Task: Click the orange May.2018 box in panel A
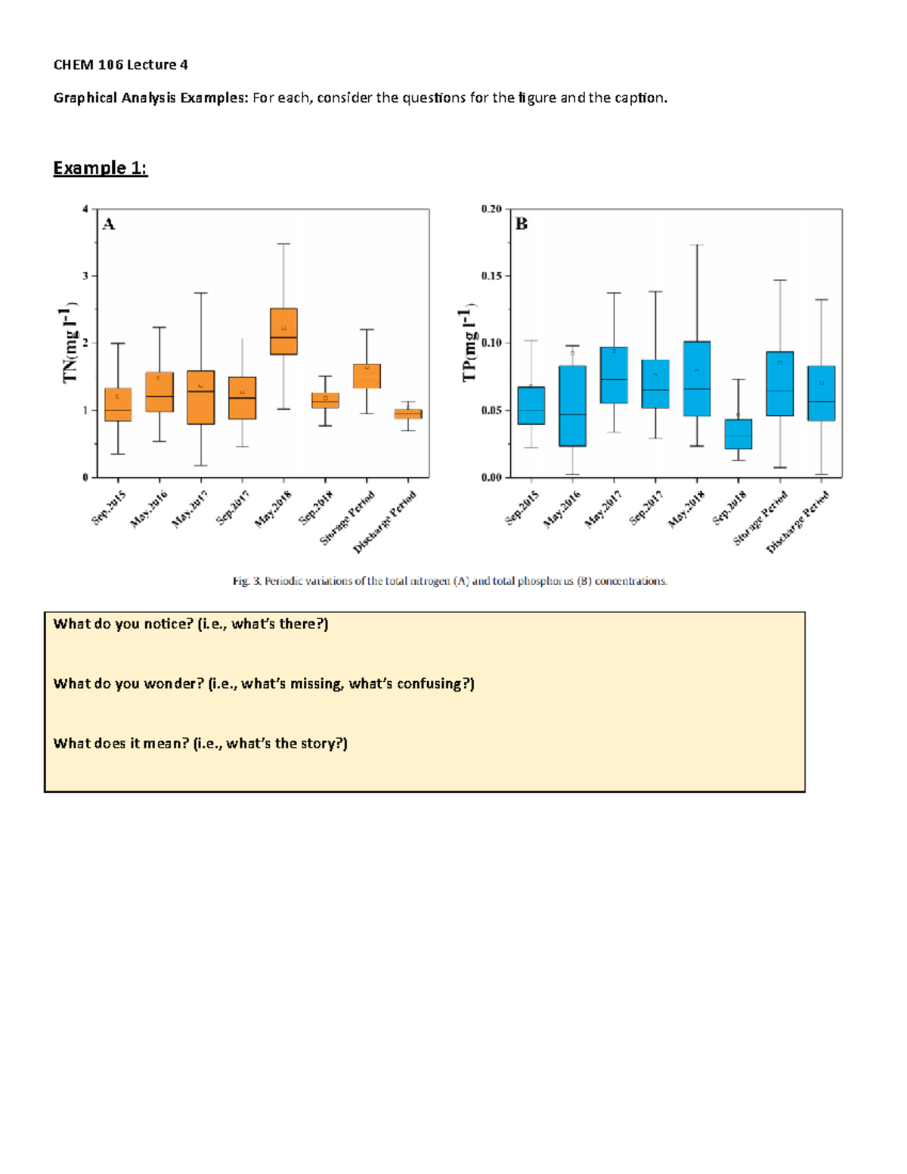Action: point(283,331)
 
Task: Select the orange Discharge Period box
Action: point(408,414)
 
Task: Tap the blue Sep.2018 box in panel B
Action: point(738,434)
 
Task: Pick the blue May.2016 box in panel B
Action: point(573,406)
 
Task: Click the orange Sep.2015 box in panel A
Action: point(118,404)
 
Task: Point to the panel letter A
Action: point(109,224)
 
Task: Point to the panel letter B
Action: point(522,224)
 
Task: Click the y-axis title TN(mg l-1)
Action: point(70,344)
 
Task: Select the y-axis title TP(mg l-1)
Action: point(469,344)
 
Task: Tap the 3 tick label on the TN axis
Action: point(85,276)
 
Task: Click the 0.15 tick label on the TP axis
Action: point(491,276)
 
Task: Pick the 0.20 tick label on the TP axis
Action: point(491,209)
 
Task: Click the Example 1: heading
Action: point(100,168)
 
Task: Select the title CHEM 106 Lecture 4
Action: point(120,65)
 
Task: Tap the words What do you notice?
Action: point(124,624)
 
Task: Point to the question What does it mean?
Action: point(121,743)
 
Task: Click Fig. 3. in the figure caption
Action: point(246,581)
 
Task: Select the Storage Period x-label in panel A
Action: point(348,518)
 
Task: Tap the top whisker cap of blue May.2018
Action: point(697,245)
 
